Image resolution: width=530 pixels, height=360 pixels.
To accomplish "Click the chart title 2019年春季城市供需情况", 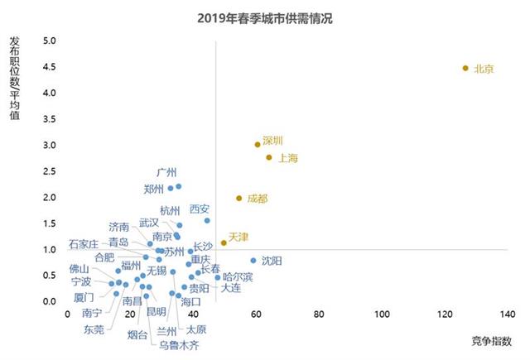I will coord(265,17).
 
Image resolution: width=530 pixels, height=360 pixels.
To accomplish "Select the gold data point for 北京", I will coord(465,68).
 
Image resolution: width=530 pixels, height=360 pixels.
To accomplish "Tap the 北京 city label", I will coord(484,69).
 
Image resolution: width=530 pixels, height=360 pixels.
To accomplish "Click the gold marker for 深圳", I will coord(258,144).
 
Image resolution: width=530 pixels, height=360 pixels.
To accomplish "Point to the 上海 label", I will coord(288,157).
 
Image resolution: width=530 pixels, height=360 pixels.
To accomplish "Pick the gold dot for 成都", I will coord(238,198).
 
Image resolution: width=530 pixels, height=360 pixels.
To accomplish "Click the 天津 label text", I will coord(238,237).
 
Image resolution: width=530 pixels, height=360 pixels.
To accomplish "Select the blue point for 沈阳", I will coord(253,260).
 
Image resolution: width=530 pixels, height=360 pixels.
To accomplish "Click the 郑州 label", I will coord(153,189).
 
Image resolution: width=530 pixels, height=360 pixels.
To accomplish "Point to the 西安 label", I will coord(200,209).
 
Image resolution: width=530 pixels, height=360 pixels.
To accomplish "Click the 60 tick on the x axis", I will coord(257,314).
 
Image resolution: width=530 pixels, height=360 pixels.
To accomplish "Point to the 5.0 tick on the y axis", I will coord(49,41).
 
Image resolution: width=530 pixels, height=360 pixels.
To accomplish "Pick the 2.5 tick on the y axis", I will coord(49,171).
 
